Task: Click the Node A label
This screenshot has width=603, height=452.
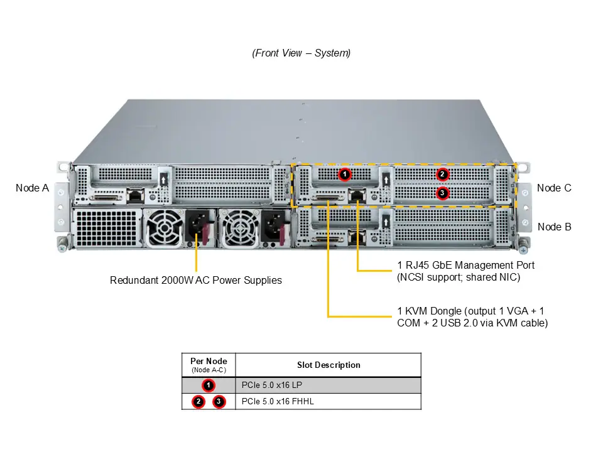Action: tap(32, 188)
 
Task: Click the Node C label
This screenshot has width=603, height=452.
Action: tap(554, 188)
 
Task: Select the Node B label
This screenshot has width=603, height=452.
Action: tap(554, 227)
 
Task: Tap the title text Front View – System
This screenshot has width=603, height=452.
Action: tap(301, 53)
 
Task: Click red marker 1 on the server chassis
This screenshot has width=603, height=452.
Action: tap(344, 174)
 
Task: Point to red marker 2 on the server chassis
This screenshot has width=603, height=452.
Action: tap(442, 174)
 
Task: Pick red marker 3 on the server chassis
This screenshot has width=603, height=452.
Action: tap(442, 193)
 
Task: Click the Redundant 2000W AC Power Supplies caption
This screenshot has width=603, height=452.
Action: tap(196, 280)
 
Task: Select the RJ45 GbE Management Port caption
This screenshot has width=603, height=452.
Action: tap(466, 271)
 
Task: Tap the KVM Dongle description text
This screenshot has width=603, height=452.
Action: tap(472, 317)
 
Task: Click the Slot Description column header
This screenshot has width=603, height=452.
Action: tap(329, 365)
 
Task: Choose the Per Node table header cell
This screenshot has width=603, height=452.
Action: tap(209, 365)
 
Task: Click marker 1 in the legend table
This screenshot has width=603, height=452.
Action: tap(209, 385)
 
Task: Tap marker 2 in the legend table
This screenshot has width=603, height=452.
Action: tap(198, 401)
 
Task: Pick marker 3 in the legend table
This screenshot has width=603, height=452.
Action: tap(219, 401)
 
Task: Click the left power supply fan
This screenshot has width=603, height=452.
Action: tap(165, 227)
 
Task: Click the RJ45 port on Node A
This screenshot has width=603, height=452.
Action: tap(135, 196)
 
